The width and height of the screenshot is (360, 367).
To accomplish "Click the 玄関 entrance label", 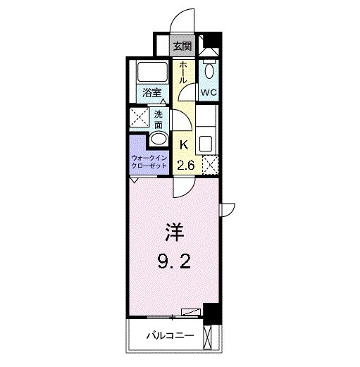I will [x=182, y=46].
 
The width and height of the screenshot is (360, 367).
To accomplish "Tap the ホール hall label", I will [x=182, y=73].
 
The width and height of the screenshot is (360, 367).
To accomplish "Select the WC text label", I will [x=209, y=92].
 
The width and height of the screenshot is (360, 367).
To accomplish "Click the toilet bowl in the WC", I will [x=209, y=69].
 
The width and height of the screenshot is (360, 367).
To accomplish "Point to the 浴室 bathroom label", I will [x=150, y=92].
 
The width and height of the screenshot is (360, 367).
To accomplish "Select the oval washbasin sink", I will [x=160, y=138].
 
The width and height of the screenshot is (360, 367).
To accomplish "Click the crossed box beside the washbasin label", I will [x=138, y=118].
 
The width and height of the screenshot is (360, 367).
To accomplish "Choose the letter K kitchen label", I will [x=184, y=145].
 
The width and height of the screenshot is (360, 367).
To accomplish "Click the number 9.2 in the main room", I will [x=173, y=264].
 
